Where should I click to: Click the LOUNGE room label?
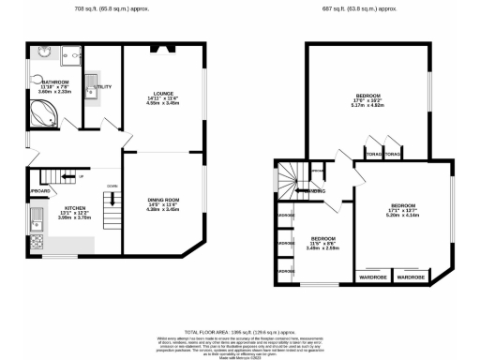coord(164,93)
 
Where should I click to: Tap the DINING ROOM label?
coord(164,199)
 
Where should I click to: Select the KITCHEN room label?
coord(75,208)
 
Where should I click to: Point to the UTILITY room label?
coord(104,86)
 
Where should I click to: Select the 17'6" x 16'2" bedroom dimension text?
coord(367,101)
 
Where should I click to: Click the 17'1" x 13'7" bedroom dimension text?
coord(404,213)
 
